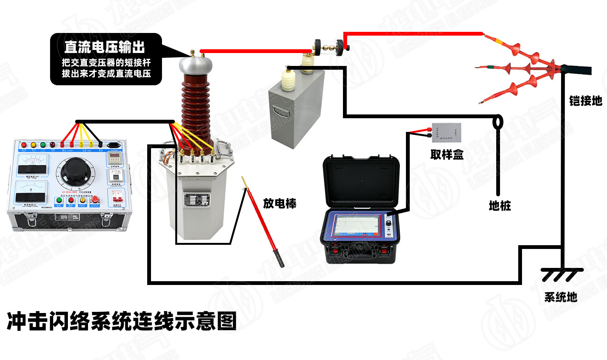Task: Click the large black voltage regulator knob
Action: point(74,169)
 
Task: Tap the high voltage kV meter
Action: point(32,165)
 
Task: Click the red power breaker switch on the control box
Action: point(117,196)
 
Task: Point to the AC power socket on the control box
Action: point(114,144)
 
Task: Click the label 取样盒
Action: point(447,155)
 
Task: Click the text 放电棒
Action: point(280,203)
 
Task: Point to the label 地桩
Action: point(500,206)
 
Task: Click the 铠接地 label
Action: point(585,101)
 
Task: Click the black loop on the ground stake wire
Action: point(498,122)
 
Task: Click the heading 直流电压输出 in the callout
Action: point(105,47)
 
